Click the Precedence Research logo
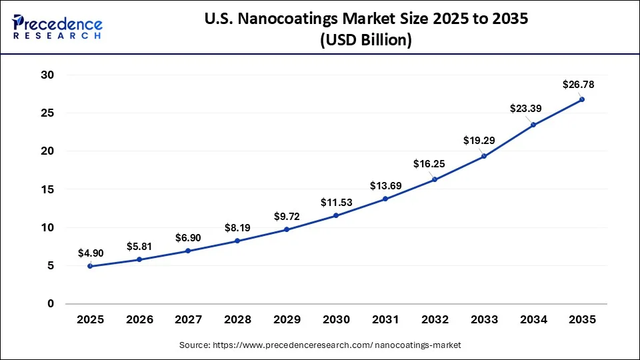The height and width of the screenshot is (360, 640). click(x=57, y=27)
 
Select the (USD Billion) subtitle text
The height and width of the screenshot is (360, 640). click(x=365, y=40)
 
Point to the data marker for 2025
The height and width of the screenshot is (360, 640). click(x=90, y=266)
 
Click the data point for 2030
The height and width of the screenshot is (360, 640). click(x=336, y=215)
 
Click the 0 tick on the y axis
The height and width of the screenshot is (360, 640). click(x=49, y=304)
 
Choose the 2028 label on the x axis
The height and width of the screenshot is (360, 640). click(x=238, y=320)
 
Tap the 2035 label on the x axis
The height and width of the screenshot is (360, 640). click(x=582, y=320)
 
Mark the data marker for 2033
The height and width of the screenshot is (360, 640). click(x=484, y=156)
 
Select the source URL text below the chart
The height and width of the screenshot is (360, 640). click(x=320, y=345)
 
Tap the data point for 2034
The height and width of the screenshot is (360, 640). click(x=533, y=125)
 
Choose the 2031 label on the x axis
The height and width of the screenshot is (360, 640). click(x=385, y=320)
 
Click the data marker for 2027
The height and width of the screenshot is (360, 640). click(x=188, y=251)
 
